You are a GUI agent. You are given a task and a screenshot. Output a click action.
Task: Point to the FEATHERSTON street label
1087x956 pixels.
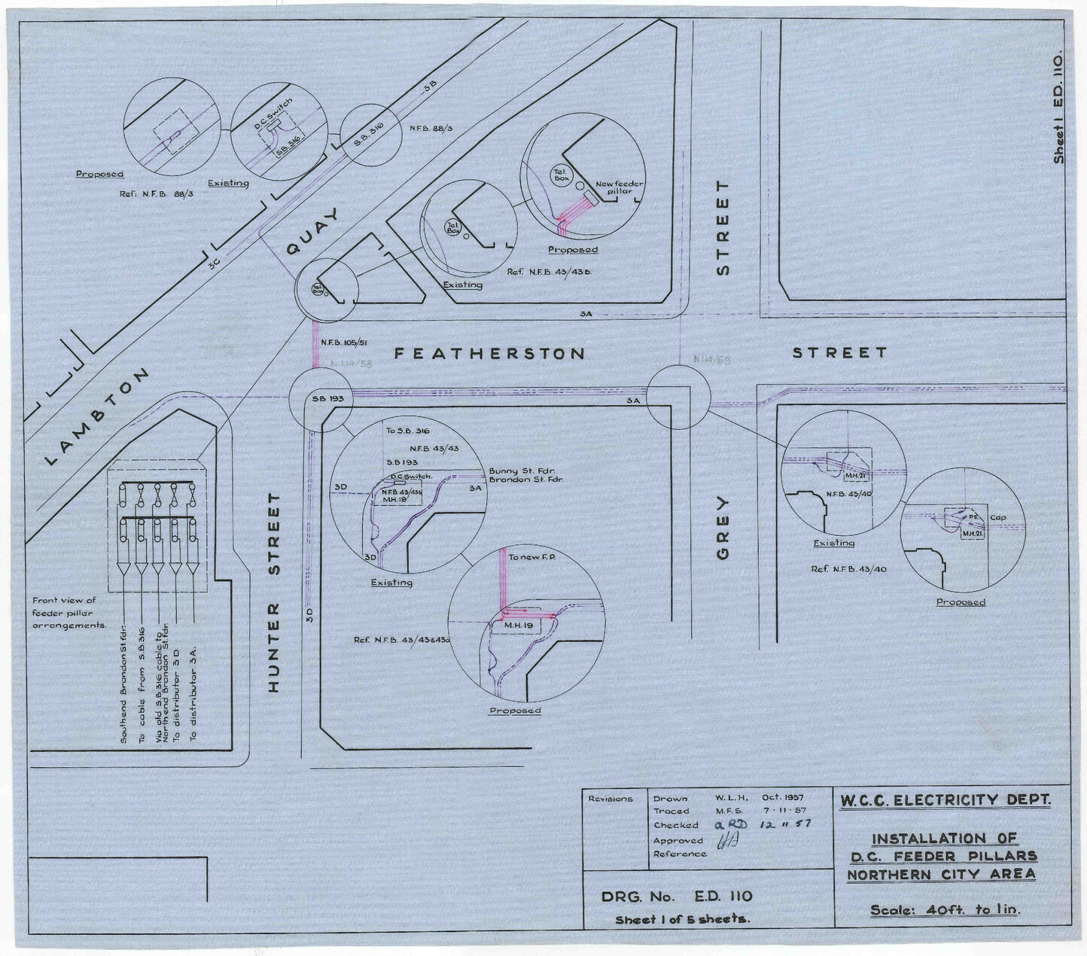tap(489, 353)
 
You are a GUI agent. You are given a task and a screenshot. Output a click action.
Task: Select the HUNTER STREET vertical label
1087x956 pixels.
tap(275, 593)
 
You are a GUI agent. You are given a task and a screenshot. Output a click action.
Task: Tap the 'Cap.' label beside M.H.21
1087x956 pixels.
tap(998, 518)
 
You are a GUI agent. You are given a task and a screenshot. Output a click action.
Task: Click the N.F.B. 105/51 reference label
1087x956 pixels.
tap(343, 343)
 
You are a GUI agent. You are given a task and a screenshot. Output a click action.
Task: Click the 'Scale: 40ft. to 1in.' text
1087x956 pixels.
tap(944, 909)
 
